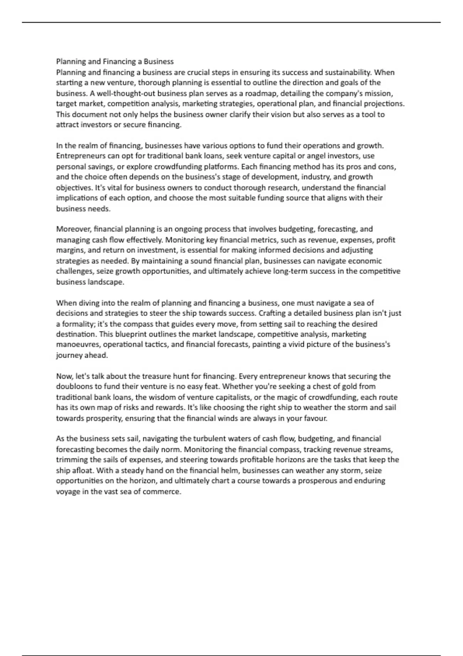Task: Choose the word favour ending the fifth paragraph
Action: pyautogui.click(x=316, y=418)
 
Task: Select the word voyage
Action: pyautogui.click(x=68, y=492)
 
